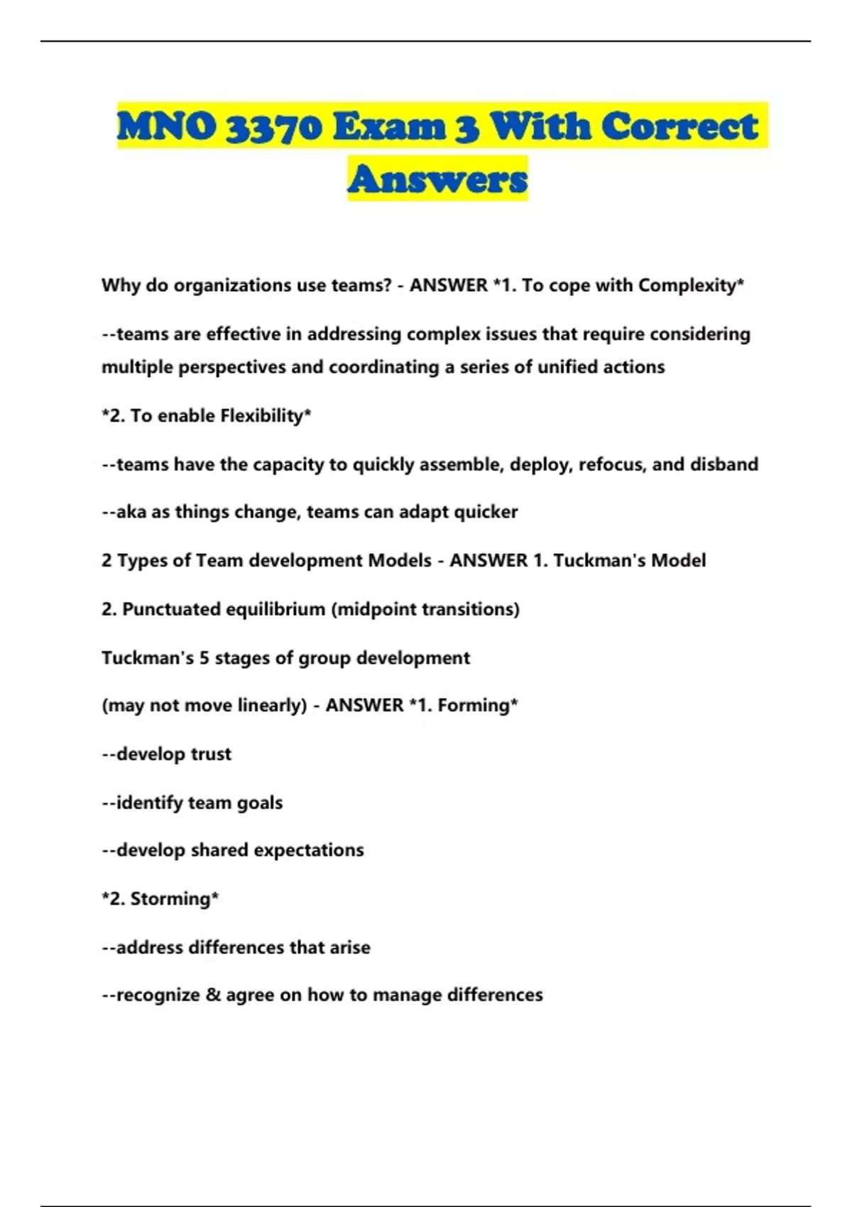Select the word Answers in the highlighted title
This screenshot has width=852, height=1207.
click(437, 178)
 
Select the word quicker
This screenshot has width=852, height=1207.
click(486, 512)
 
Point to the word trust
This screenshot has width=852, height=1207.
click(211, 754)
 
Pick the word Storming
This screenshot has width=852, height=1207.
click(170, 899)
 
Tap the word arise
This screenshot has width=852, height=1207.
click(350, 947)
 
